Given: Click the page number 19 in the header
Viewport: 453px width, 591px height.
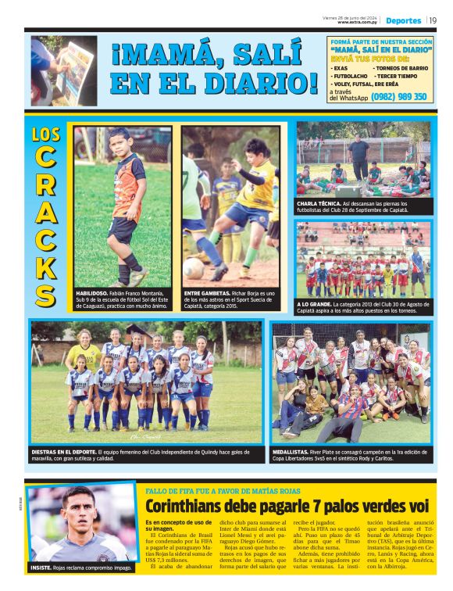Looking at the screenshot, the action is point(433,20).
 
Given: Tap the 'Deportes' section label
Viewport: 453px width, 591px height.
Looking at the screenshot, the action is point(403,20).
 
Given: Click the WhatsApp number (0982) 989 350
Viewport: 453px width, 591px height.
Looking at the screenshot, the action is point(399,97).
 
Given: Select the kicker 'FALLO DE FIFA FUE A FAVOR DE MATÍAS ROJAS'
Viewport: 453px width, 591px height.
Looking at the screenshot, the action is point(223,490).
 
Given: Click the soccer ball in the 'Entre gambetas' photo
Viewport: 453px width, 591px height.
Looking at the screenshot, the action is point(194,268).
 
